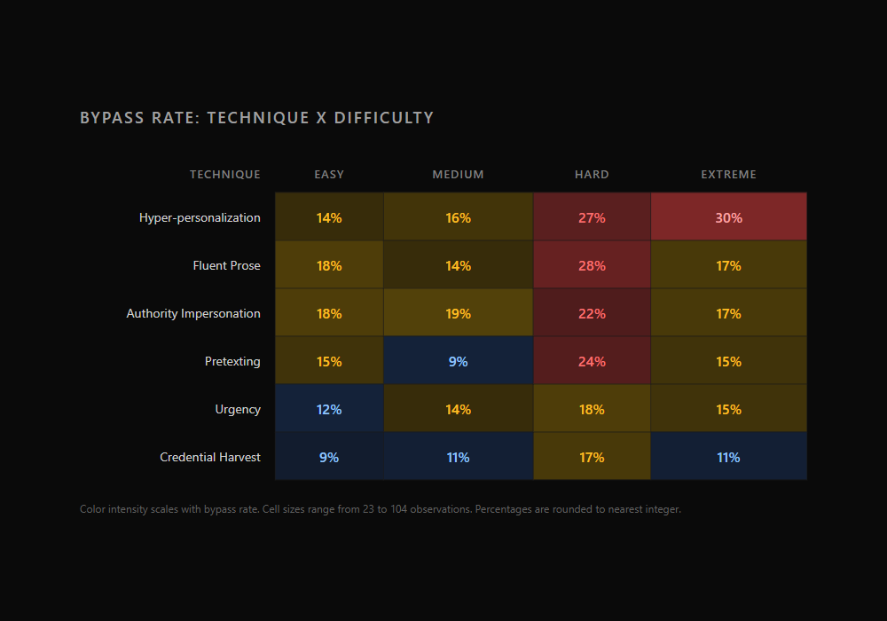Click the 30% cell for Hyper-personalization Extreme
tap(728, 217)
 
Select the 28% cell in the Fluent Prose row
tap(592, 265)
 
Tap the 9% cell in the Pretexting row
tap(458, 361)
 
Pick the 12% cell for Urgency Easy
tap(329, 409)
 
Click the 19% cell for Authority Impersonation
tap(458, 313)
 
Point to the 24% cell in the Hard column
tap(592, 361)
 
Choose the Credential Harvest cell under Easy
tap(329, 457)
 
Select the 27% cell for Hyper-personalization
tap(592, 217)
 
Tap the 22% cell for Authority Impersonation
tap(592, 313)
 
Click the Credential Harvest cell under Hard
tap(592, 457)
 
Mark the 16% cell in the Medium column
tap(458, 217)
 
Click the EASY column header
tap(329, 175)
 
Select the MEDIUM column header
tap(458, 175)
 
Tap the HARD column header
tap(592, 175)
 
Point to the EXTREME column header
tap(728, 175)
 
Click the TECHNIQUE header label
tap(225, 175)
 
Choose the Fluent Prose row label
tap(227, 265)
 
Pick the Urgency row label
tap(238, 409)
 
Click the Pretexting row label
tap(232, 361)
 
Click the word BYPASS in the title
tap(106, 118)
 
